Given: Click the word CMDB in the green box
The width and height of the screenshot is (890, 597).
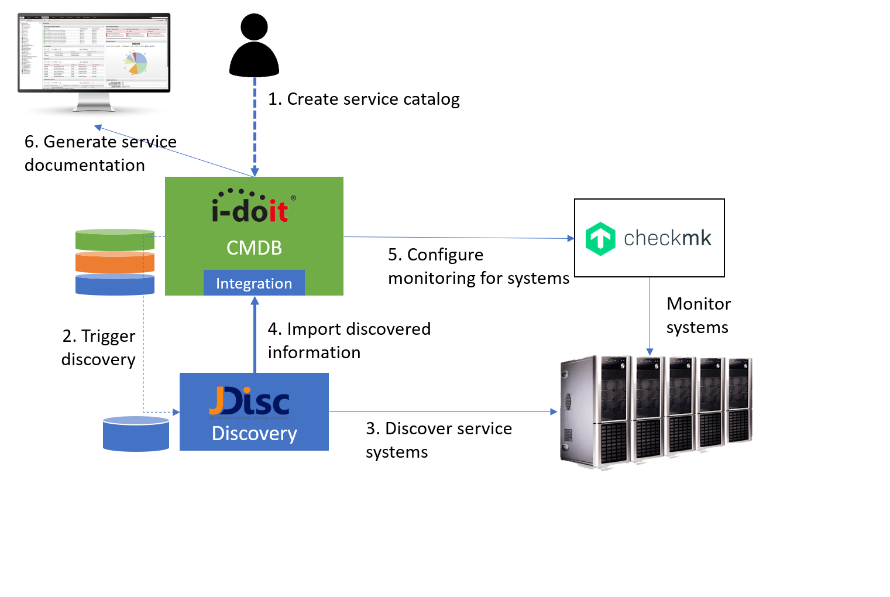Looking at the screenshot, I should tap(254, 248).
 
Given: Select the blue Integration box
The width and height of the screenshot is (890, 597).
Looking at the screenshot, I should tap(254, 283).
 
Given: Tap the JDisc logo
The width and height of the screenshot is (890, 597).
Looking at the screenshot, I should tap(249, 402).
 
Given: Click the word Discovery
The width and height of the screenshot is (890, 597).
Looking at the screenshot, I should tap(254, 434).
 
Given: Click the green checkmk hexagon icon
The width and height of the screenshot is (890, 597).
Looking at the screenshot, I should tap(600, 239).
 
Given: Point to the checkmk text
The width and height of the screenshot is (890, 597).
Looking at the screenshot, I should tap(667, 238).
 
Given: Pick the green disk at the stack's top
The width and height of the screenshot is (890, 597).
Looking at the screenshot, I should tap(115, 240).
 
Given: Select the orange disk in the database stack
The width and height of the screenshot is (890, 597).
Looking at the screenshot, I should tap(115, 262).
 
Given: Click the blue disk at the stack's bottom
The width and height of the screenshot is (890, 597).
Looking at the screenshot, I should tap(115, 284).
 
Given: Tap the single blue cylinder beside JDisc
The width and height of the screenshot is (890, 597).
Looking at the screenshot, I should tap(136, 434).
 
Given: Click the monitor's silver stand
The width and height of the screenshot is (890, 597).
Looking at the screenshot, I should tap(94, 104).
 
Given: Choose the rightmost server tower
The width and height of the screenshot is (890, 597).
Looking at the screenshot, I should tap(738, 401).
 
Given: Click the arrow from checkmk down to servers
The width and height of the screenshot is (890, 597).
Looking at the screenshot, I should tap(650, 316).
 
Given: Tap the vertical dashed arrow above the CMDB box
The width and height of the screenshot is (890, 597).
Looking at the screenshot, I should tap(255, 126).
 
